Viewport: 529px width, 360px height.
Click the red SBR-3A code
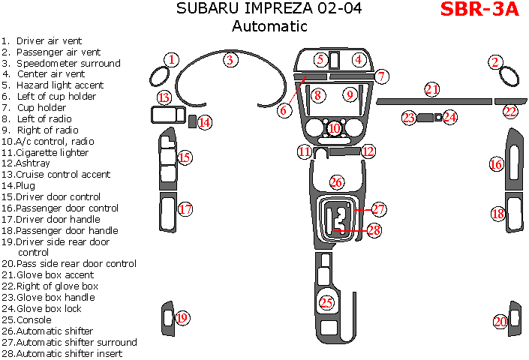click(479, 10)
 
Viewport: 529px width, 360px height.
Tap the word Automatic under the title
click(269, 26)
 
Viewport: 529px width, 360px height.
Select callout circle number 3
click(231, 60)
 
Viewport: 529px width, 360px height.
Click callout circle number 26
click(337, 182)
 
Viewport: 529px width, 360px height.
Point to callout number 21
click(431, 89)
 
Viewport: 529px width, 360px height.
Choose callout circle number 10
click(335, 128)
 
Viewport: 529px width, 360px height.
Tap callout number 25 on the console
click(326, 303)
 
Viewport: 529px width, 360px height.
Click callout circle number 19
click(182, 318)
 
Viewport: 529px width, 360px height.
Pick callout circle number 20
click(500, 322)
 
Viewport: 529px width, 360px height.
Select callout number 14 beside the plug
click(204, 123)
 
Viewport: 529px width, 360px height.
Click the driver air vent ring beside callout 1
click(160, 76)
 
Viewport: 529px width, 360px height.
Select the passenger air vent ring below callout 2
click(509, 79)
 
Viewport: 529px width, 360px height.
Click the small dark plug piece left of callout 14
click(192, 122)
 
